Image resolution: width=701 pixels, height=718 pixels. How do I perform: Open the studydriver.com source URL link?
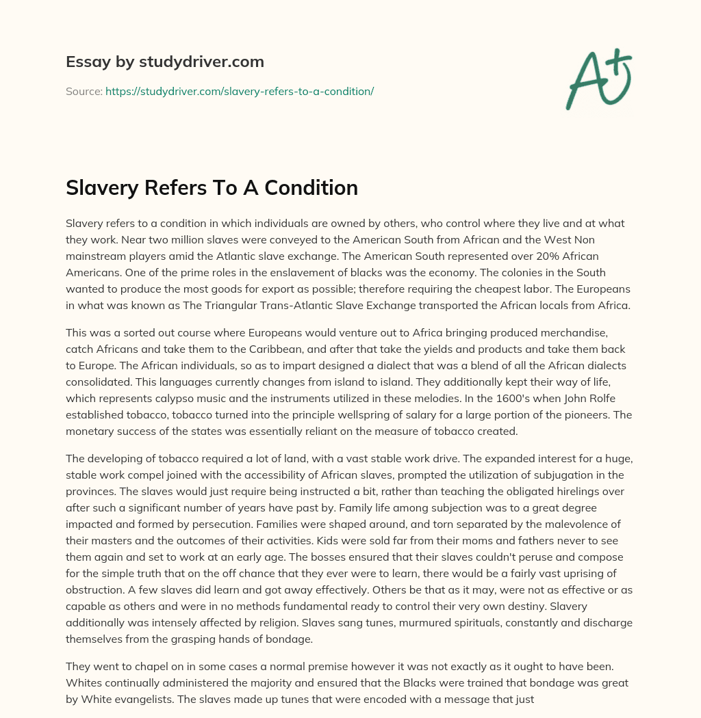239,91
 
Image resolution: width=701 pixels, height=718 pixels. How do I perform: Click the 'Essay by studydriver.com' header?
164,62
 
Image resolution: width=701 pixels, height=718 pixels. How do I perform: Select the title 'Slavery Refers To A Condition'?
212,188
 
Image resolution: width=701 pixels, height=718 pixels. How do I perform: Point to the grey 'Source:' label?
84,91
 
